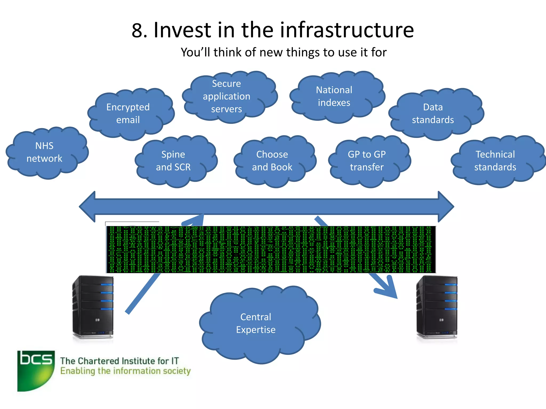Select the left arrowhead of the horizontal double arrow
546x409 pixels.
click(x=88, y=206)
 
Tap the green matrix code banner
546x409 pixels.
click(x=271, y=250)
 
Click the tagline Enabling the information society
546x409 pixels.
click(x=125, y=371)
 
